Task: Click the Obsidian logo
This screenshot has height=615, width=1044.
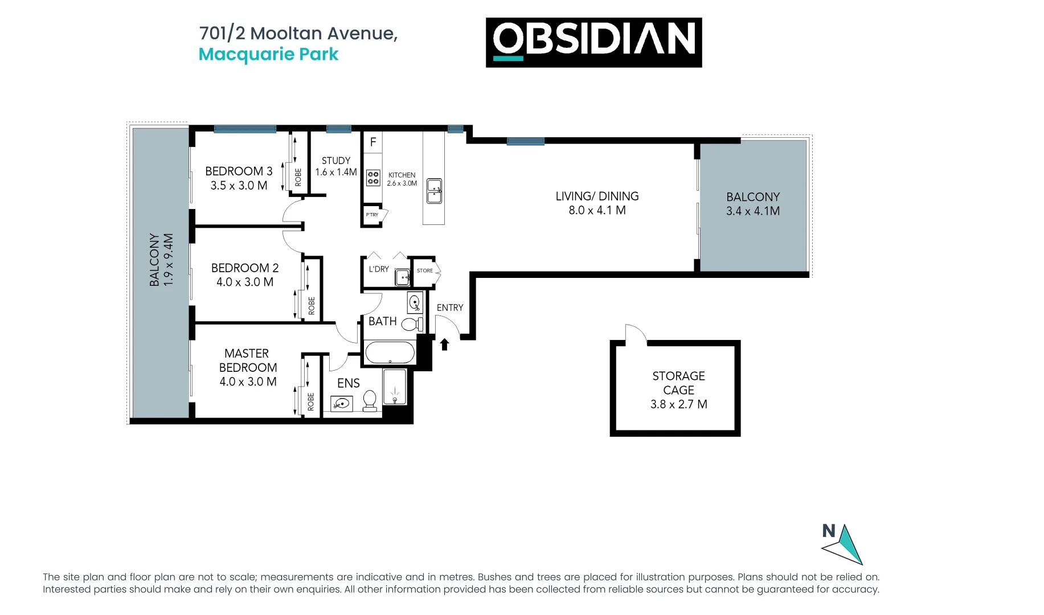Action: tap(593, 42)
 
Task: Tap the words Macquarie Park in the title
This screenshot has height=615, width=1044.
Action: tap(268, 55)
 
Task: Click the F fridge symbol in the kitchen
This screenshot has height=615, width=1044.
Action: tap(373, 142)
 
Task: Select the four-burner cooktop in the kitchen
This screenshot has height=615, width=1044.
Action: tap(373, 178)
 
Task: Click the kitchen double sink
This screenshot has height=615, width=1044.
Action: tap(435, 191)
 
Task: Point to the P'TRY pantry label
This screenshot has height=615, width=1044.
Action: tap(372, 215)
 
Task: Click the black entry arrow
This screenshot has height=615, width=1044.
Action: tap(445, 344)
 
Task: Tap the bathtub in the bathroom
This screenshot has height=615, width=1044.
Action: tap(390, 352)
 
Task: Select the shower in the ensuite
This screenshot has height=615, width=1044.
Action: tap(394, 387)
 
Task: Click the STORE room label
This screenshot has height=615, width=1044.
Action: tap(425, 270)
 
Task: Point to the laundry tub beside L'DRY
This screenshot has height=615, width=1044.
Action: tap(403, 277)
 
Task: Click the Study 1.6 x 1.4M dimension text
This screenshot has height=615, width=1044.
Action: tap(336, 172)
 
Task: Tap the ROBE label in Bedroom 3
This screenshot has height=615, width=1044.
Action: tap(298, 177)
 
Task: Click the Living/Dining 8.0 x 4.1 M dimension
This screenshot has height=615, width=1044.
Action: tap(597, 210)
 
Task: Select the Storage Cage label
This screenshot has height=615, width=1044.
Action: tap(678, 383)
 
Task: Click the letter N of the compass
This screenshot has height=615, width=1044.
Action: tap(829, 531)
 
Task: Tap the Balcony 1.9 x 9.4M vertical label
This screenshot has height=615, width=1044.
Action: tap(161, 259)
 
